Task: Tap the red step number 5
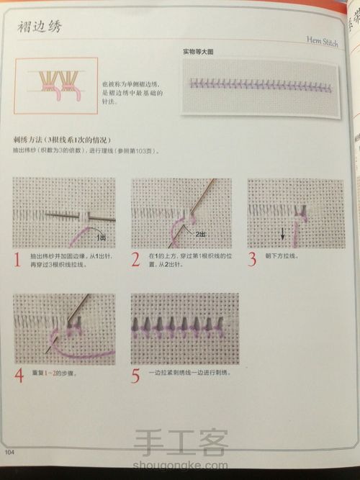[136, 376]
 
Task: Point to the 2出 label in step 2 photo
[200, 235]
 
